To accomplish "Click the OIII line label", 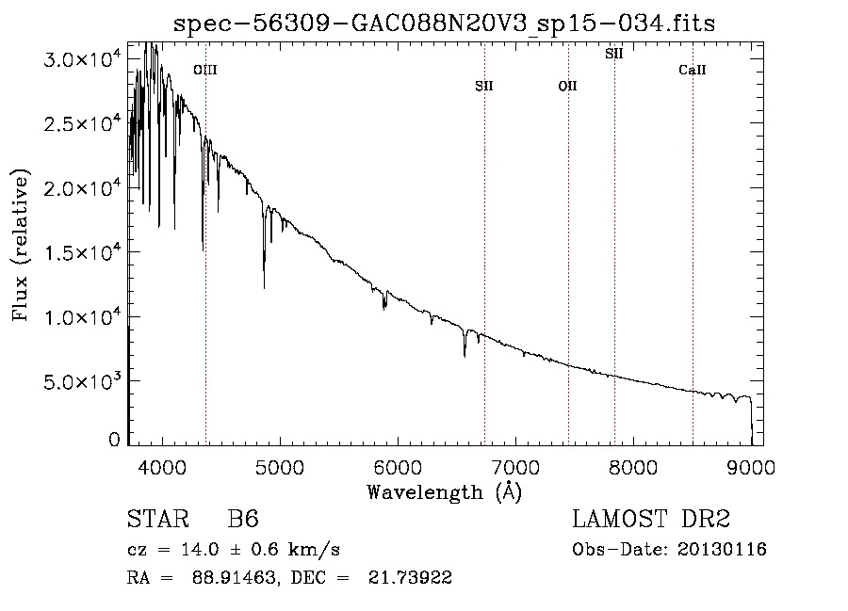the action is point(205,70).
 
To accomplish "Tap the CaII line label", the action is point(693,70).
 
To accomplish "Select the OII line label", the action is point(568,86).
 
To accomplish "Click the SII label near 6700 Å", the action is point(484,86).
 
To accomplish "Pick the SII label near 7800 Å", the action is point(613,54).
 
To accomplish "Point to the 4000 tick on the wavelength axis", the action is point(162,467).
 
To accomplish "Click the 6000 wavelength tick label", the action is point(398,467).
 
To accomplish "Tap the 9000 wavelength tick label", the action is point(751,467).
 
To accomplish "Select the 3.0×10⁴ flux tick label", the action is point(82,57).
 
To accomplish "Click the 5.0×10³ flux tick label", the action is point(82,380).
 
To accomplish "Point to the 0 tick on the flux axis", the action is point(114,440).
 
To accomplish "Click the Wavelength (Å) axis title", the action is point(445,492).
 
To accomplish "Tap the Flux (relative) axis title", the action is point(21,246).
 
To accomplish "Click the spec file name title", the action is point(445,24).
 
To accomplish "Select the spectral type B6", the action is point(243,519).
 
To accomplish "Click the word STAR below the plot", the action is point(158,519).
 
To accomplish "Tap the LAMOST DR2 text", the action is point(651,519).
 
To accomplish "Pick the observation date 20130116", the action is point(722,550).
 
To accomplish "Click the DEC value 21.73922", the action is point(410,577).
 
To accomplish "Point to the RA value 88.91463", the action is point(234,577).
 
